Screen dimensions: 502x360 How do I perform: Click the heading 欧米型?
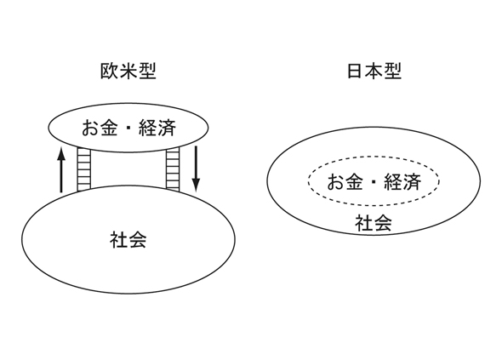click(128, 71)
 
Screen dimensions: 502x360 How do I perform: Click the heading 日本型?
click(374, 71)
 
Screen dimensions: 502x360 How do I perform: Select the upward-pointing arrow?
click(61, 169)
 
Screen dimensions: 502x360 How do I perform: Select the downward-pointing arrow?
click(196, 169)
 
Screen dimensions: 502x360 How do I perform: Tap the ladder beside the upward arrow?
click(84, 169)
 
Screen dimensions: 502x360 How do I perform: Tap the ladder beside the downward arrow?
click(173, 169)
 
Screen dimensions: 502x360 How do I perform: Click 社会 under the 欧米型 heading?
click(128, 240)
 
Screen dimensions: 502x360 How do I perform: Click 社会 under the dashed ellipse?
click(374, 223)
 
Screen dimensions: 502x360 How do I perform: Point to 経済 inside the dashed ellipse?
click(402, 181)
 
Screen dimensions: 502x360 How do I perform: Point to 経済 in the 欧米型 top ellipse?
click(157, 128)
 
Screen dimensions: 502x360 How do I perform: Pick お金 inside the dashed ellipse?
click(345, 181)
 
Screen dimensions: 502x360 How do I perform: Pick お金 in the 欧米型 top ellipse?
click(100, 128)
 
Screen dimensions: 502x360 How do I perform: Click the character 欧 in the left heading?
click(110, 71)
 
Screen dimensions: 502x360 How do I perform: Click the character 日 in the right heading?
click(356, 71)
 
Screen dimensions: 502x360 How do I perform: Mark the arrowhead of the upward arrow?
click(61, 153)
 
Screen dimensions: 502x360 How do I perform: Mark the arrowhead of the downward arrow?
click(196, 186)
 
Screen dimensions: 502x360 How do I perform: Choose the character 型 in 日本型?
click(393, 71)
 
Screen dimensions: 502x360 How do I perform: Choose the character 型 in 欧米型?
click(147, 71)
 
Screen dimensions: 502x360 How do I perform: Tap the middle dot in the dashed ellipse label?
click(374, 182)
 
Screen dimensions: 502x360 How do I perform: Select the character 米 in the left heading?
click(128, 71)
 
